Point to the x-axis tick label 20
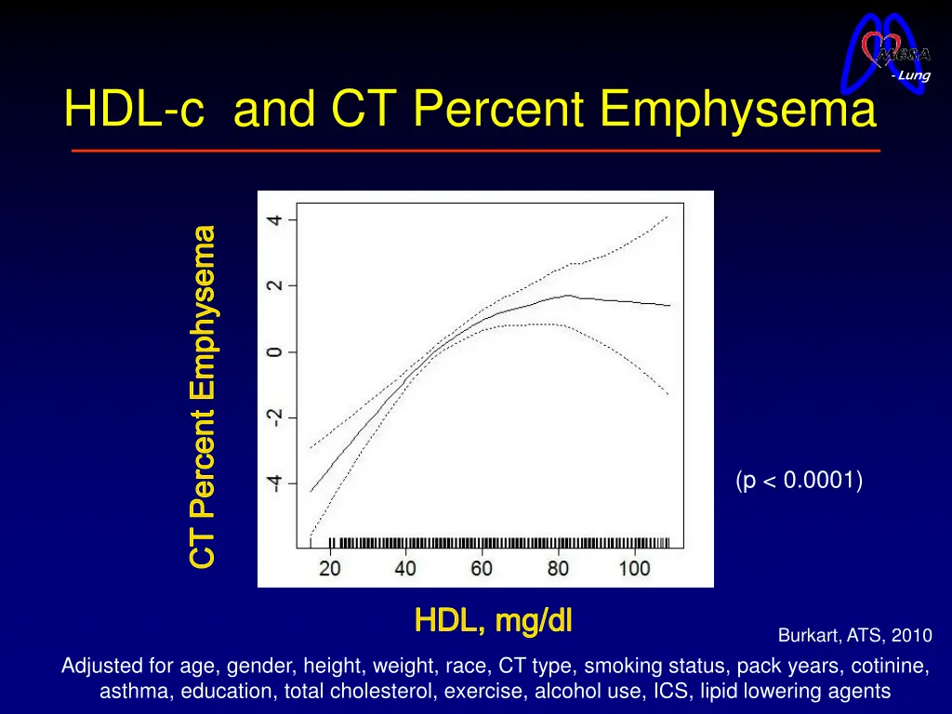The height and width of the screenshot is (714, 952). pyautogui.click(x=330, y=568)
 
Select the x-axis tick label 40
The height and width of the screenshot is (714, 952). pyautogui.click(x=405, y=568)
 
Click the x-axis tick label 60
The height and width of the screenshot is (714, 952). pyautogui.click(x=482, y=568)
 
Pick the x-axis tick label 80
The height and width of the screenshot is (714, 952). pyautogui.click(x=558, y=568)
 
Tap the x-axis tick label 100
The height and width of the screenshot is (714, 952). pyautogui.click(x=634, y=568)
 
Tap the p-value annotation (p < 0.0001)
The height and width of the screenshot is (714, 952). pyautogui.click(x=799, y=481)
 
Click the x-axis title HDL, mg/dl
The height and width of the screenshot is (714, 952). pyautogui.click(x=493, y=620)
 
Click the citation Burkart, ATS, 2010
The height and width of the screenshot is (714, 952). pyautogui.click(x=853, y=636)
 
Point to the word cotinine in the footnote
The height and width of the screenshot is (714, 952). pyautogui.click(x=896, y=666)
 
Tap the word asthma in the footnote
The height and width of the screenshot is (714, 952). pyautogui.click(x=136, y=691)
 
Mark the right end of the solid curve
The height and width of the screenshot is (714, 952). pyautogui.click(x=669, y=305)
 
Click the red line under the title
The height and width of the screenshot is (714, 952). pyautogui.click(x=475, y=151)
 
